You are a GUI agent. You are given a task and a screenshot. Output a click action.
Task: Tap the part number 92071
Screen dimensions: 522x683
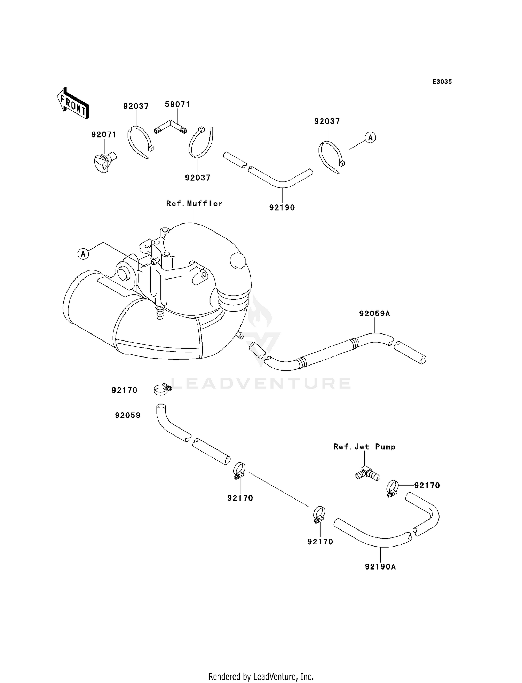pyautogui.click(x=104, y=134)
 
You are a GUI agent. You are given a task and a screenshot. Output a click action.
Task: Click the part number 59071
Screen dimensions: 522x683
pyautogui.click(x=177, y=104)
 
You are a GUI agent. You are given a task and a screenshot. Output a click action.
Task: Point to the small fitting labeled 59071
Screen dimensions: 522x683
pyautogui.click(x=171, y=126)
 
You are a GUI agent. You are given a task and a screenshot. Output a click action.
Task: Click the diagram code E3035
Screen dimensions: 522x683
pyautogui.click(x=442, y=82)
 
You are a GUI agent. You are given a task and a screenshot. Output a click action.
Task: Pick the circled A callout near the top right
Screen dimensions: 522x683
pyautogui.click(x=371, y=138)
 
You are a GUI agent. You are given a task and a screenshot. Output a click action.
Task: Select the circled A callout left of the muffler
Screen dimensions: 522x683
pyautogui.click(x=83, y=254)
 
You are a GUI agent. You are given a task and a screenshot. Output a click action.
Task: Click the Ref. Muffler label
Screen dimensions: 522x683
pyautogui.click(x=194, y=203)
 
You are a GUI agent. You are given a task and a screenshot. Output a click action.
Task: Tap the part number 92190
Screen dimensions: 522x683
pyautogui.click(x=282, y=207)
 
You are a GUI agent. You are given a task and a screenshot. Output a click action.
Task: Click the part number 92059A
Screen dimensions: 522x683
pyautogui.click(x=375, y=314)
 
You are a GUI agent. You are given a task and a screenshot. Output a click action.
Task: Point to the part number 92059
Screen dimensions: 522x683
pyautogui.click(x=128, y=415)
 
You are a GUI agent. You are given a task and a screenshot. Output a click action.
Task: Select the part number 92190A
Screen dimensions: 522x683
pyautogui.click(x=380, y=567)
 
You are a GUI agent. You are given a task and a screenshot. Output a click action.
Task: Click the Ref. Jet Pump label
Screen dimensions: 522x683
pyautogui.click(x=364, y=447)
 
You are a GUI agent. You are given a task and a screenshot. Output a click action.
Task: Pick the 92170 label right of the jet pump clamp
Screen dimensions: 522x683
pyautogui.click(x=427, y=485)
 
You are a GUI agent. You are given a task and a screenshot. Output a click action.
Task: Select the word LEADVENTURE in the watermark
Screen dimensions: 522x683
pyautogui.click(x=261, y=383)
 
